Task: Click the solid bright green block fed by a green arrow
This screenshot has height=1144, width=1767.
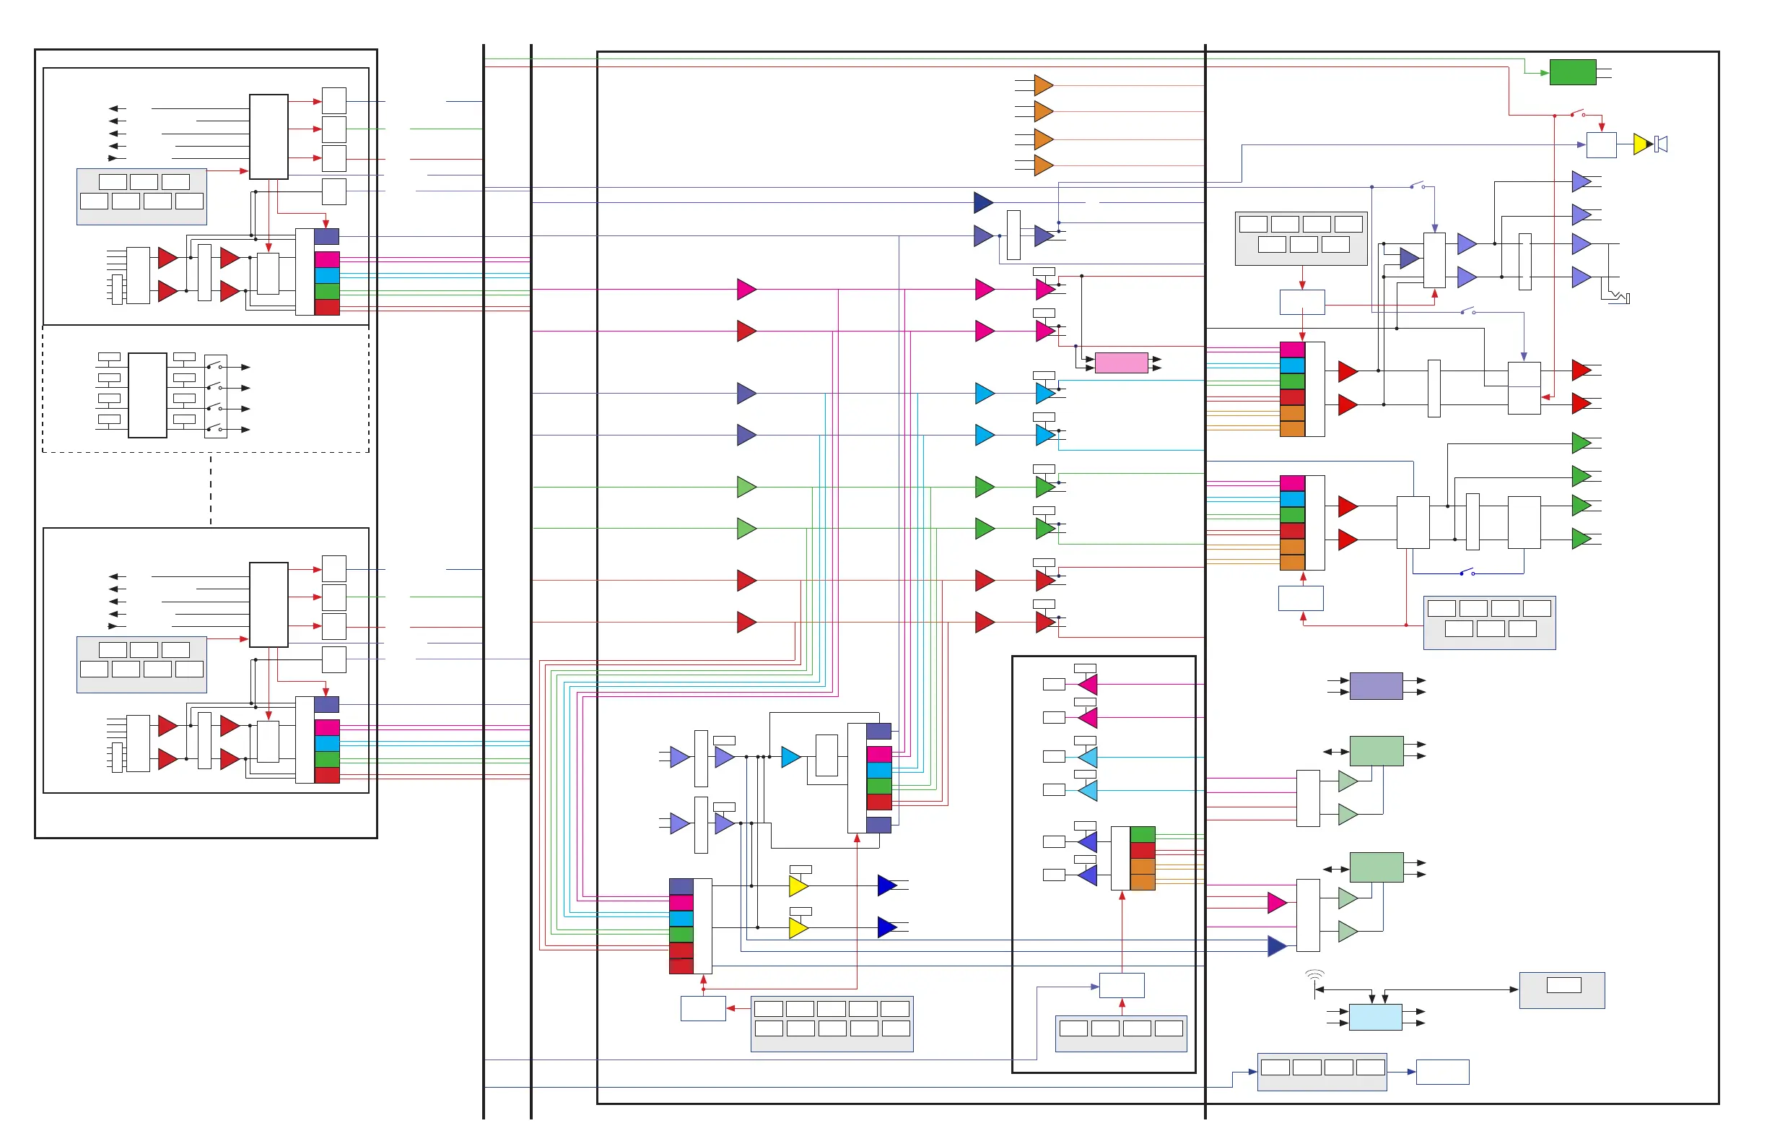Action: point(1573,72)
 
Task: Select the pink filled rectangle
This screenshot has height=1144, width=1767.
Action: point(1121,363)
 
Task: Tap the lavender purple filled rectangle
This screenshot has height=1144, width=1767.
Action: point(1376,685)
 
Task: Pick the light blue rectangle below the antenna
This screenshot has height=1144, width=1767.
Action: point(1375,1017)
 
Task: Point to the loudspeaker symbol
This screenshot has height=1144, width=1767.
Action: point(1662,144)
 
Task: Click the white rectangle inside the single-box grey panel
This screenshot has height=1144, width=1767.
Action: point(1563,985)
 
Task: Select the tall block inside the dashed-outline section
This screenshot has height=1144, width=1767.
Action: point(147,395)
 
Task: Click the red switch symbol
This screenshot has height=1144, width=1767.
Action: point(1577,113)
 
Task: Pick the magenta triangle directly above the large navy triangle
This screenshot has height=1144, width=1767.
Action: point(1276,903)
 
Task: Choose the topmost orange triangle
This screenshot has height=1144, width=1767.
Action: point(1043,84)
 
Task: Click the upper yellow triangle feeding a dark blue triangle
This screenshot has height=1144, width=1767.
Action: point(798,885)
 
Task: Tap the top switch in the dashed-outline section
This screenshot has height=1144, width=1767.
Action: point(214,365)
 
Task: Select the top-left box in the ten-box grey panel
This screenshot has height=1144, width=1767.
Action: point(769,1009)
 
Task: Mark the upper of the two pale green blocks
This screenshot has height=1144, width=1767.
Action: point(1376,750)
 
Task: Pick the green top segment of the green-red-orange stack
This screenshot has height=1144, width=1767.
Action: point(1142,834)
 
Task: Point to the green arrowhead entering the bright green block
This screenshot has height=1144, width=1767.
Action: point(1544,73)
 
